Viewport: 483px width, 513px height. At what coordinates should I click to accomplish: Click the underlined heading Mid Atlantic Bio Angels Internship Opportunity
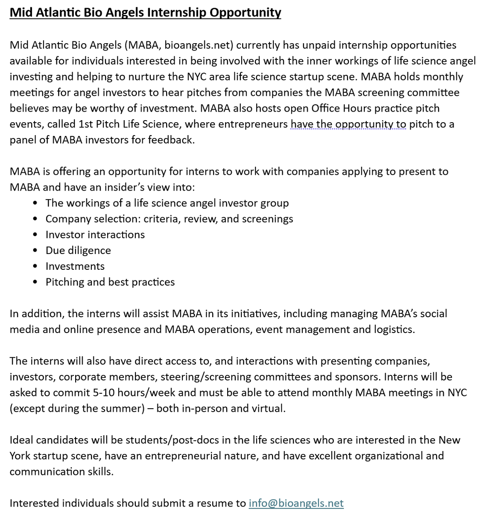point(145,12)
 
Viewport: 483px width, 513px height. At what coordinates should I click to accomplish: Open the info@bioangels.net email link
point(296,503)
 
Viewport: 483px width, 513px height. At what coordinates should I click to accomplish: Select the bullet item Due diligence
point(78,251)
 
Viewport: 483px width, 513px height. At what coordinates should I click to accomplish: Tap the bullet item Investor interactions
point(95,235)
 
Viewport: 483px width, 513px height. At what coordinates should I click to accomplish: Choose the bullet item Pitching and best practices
point(110,282)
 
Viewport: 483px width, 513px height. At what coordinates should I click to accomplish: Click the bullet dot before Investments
point(35,266)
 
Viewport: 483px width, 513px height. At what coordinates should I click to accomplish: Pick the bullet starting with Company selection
point(169,219)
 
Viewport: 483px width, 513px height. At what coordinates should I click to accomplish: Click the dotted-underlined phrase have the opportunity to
point(348,124)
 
